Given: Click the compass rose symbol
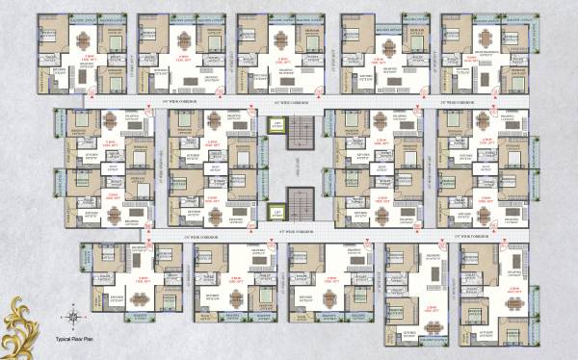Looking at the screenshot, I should (72, 315).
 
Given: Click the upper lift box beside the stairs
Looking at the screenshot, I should (276, 124).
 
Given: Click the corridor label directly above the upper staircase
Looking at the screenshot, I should (292, 101).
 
